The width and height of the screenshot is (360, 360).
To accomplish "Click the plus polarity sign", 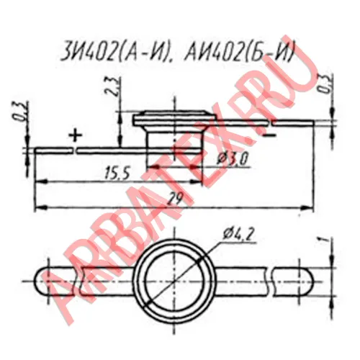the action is [x=76, y=135].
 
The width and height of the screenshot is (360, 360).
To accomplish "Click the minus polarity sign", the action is [x=269, y=135].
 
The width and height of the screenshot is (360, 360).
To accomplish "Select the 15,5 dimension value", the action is [x=117, y=174].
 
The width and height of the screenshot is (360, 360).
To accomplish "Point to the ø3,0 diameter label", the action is [x=232, y=159].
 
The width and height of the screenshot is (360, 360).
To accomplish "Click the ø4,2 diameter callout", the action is [x=238, y=233].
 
